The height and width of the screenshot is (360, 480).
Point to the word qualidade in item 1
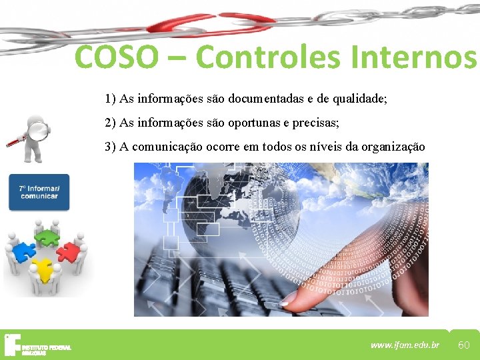click(x=359, y=99)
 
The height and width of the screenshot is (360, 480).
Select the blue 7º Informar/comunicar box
click(x=39, y=192)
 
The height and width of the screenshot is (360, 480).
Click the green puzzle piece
click(x=46, y=236)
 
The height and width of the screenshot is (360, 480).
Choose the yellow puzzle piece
click(x=43, y=269)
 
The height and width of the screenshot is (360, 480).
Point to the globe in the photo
click(x=233, y=200)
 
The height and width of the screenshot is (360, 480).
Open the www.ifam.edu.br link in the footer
click(x=405, y=345)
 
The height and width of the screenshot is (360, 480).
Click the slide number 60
click(x=464, y=344)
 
